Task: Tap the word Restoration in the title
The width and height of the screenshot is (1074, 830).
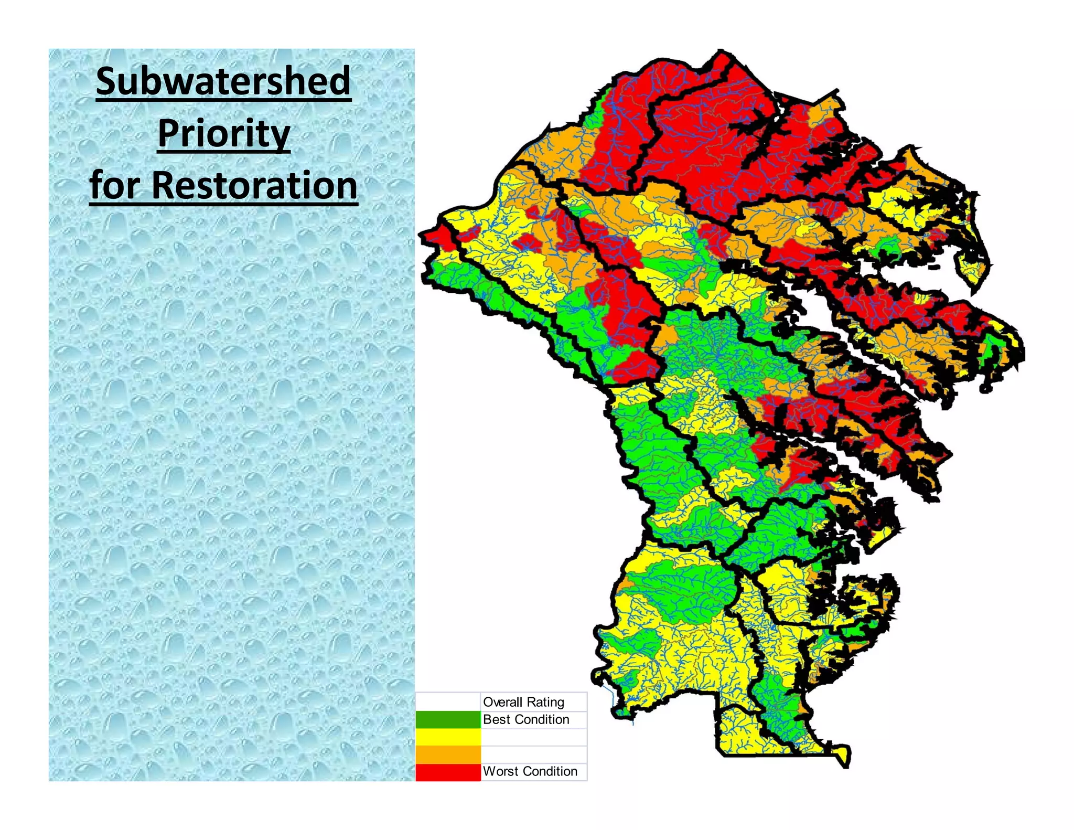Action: click(254, 185)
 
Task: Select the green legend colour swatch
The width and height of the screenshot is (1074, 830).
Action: click(448, 719)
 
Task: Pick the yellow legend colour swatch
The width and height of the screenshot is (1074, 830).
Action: click(448, 737)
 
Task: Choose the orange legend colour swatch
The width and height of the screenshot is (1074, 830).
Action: click(448, 754)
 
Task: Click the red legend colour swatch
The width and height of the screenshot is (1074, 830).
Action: click(448, 771)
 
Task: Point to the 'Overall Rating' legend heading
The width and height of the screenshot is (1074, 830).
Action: click(523, 702)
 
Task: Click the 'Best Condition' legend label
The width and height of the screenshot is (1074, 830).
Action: click(526, 719)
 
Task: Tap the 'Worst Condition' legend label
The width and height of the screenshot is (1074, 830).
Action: click(530, 771)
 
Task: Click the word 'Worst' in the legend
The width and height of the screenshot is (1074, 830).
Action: click(500, 771)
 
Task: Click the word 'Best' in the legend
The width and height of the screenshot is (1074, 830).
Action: click(496, 719)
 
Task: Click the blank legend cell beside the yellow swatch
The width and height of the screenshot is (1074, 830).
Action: click(533, 737)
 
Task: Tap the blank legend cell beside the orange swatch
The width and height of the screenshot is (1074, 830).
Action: click(533, 754)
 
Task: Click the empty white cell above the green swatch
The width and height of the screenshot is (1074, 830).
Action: click(448, 701)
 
